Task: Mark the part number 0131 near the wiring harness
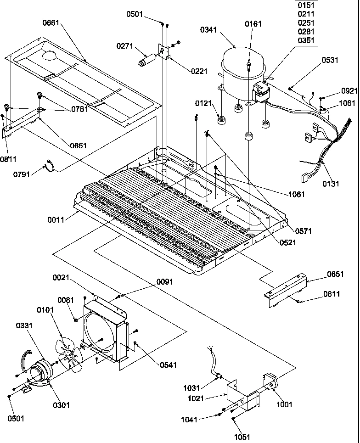coord(330,184)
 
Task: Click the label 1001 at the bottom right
coord(284,404)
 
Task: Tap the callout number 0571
coord(303,232)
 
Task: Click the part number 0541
coord(168,365)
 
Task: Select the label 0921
coord(349,91)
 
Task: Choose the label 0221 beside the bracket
coord(199,71)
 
